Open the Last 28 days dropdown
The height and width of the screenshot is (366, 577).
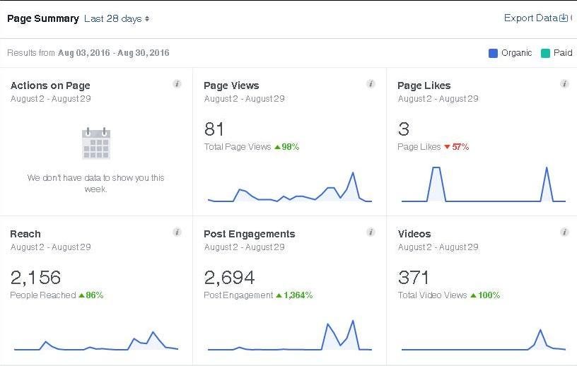click(117, 19)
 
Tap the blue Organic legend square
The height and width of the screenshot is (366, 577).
click(493, 53)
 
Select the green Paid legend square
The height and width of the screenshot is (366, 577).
click(545, 53)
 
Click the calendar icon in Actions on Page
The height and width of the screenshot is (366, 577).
click(96, 143)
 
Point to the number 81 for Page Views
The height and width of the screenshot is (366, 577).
click(214, 129)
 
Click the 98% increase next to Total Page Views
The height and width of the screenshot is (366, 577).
click(286, 147)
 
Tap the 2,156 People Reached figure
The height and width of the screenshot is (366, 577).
click(35, 277)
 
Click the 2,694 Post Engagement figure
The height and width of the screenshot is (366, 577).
click(229, 277)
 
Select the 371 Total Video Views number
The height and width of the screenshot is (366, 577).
click(414, 277)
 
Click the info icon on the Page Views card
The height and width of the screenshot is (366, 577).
click(371, 84)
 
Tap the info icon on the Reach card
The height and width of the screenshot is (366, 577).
click(177, 232)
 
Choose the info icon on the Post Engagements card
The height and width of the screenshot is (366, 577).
click(371, 232)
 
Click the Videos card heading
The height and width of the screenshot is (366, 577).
click(414, 234)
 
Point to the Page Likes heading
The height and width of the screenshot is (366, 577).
click(424, 85)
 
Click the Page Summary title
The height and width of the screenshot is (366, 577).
click(42, 19)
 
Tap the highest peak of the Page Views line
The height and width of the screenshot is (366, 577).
click(352, 172)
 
